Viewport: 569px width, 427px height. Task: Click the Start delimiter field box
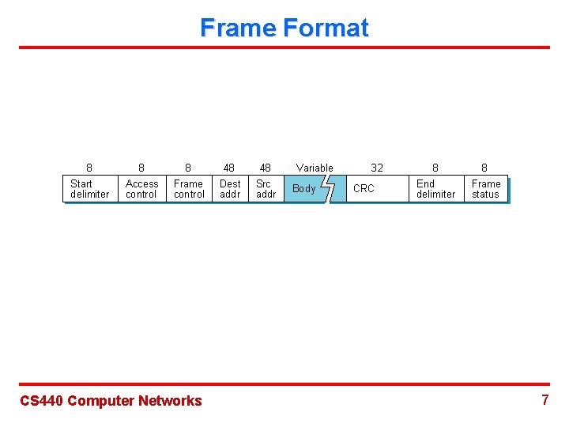(89, 189)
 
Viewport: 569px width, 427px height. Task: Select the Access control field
(141, 189)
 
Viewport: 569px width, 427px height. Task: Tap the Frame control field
(189, 189)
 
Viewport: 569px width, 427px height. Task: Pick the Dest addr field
(230, 189)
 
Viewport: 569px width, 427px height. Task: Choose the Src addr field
(266, 189)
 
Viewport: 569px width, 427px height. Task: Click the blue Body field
(305, 189)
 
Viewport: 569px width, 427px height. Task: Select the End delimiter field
(435, 189)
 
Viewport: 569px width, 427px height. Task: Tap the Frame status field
(485, 189)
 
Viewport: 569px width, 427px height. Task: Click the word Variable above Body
(315, 168)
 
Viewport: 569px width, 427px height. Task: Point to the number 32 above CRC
(377, 168)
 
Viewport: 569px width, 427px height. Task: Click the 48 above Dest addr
(229, 168)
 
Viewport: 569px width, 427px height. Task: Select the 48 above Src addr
(266, 168)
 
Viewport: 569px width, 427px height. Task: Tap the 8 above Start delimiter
(89, 168)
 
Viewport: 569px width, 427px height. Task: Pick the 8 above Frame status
(484, 168)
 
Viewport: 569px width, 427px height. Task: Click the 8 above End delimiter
(435, 168)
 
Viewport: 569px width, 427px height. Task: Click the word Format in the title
(326, 28)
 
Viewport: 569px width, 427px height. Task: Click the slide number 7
(545, 400)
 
